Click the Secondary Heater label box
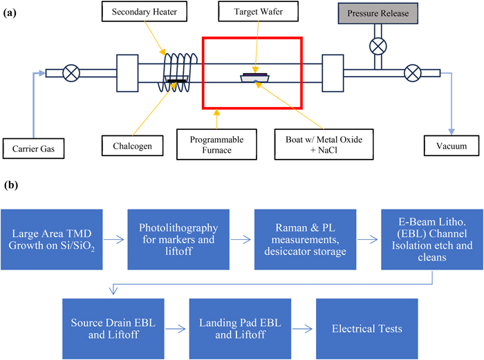coord(142,14)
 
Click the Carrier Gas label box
coord(35,146)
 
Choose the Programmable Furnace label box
coord(217,142)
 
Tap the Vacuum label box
coord(452,146)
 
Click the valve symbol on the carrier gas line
coord(71,72)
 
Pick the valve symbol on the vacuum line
coord(413,72)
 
